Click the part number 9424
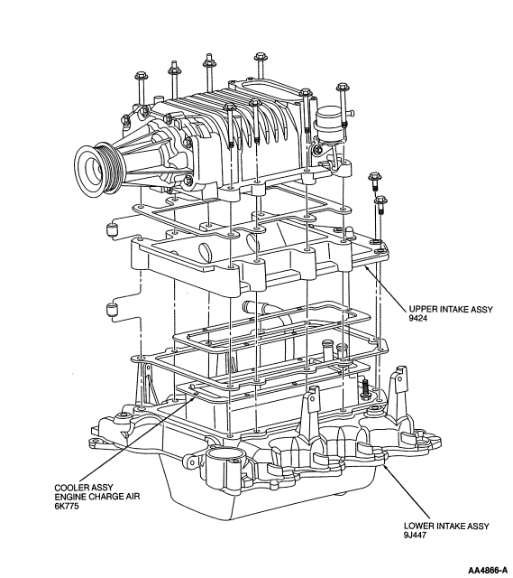coord(418,319)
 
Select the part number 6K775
coord(67,506)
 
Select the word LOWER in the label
coord(417,526)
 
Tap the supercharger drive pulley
coord(97,168)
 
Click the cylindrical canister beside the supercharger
coord(329,125)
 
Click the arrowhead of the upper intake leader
coord(366,267)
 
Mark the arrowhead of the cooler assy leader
coord(196,396)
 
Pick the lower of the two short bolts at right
coord(380,205)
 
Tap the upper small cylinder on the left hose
coord(112,229)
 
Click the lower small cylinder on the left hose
coord(112,309)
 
